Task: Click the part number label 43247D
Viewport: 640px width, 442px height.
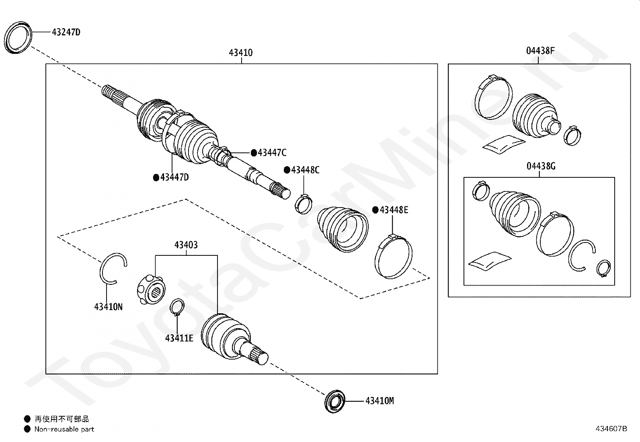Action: click(x=66, y=32)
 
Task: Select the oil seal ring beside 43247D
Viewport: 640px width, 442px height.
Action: click(x=18, y=38)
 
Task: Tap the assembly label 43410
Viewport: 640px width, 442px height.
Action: click(x=241, y=53)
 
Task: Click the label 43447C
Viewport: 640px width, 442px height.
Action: click(x=272, y=153)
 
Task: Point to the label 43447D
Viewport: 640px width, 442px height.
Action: click(x=174, y=177)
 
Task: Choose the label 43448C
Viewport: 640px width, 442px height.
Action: click(x=305, y=170)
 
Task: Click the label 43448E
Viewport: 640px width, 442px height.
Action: click(x=394, y=210)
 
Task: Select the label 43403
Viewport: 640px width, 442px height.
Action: click(x=186, y=245)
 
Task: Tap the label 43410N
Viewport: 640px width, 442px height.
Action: click(x=109, y=307)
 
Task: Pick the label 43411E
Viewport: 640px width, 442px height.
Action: click(x=179, y=338)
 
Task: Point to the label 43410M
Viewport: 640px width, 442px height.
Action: click(x=379, y=401)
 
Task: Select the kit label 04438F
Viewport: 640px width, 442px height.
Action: click(x=541, y=51)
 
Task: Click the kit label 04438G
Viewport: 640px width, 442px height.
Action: click(x=541, y=166)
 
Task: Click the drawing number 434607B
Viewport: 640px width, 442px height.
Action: click(x=611, y=429)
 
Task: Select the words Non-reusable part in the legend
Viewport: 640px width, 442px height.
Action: click(x=64, y=429)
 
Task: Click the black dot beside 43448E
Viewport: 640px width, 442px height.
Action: click(x=375, y=210)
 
